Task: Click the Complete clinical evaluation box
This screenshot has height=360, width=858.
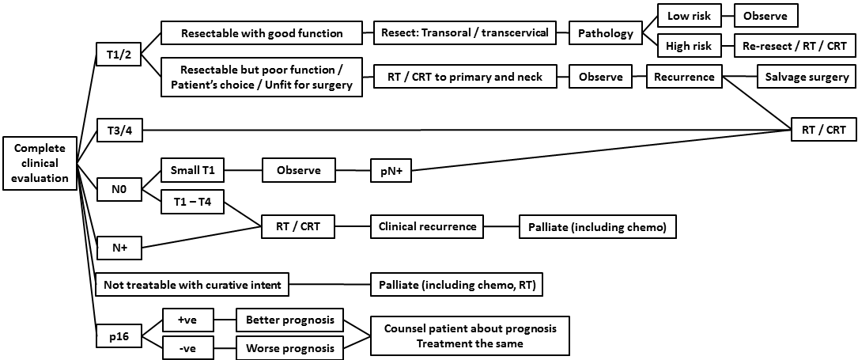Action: pos(40,164)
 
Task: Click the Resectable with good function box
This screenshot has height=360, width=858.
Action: pos(262,33)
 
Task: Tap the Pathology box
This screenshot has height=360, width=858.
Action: pos(605,33)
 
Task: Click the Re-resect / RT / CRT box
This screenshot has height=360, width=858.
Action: pos(794,46)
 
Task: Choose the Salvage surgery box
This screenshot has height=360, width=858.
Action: pos(806,77)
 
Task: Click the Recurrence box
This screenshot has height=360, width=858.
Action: pos(684,77)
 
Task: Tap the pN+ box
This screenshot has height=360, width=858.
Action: pos(391,170)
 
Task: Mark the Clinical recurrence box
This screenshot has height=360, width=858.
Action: pos(428,227)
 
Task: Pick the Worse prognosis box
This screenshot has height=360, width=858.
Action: pos(289,347)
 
